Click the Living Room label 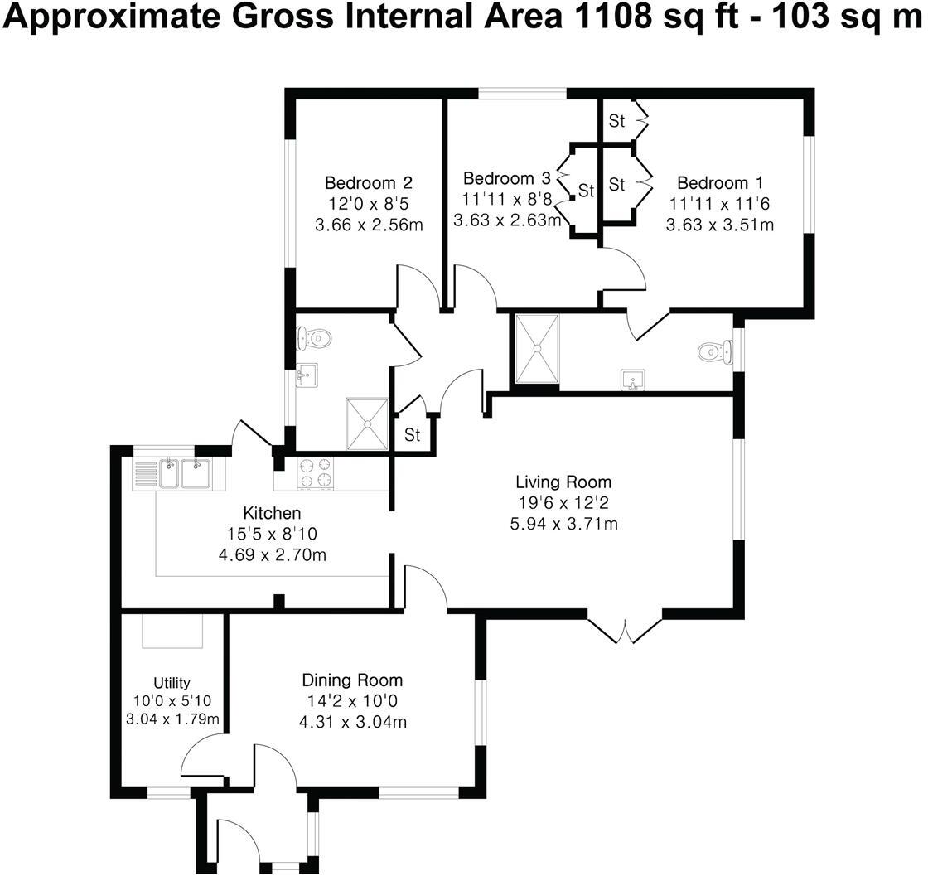pos(563,482)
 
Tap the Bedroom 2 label pos(368,182)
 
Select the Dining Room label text pos(352,680)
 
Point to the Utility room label pos(172,683)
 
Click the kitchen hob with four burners pos(316,472)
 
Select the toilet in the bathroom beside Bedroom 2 pos(316,337)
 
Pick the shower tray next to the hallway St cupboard pos(368,423)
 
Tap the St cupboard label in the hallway pos(413,435)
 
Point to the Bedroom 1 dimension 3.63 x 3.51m pos(720,225)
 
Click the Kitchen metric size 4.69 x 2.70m pos(272,554)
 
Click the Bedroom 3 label pos(506,178)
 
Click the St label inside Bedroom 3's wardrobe pos(587,191)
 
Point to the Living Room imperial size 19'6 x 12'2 pos(563,503)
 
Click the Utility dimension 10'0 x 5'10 pos(172,701)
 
